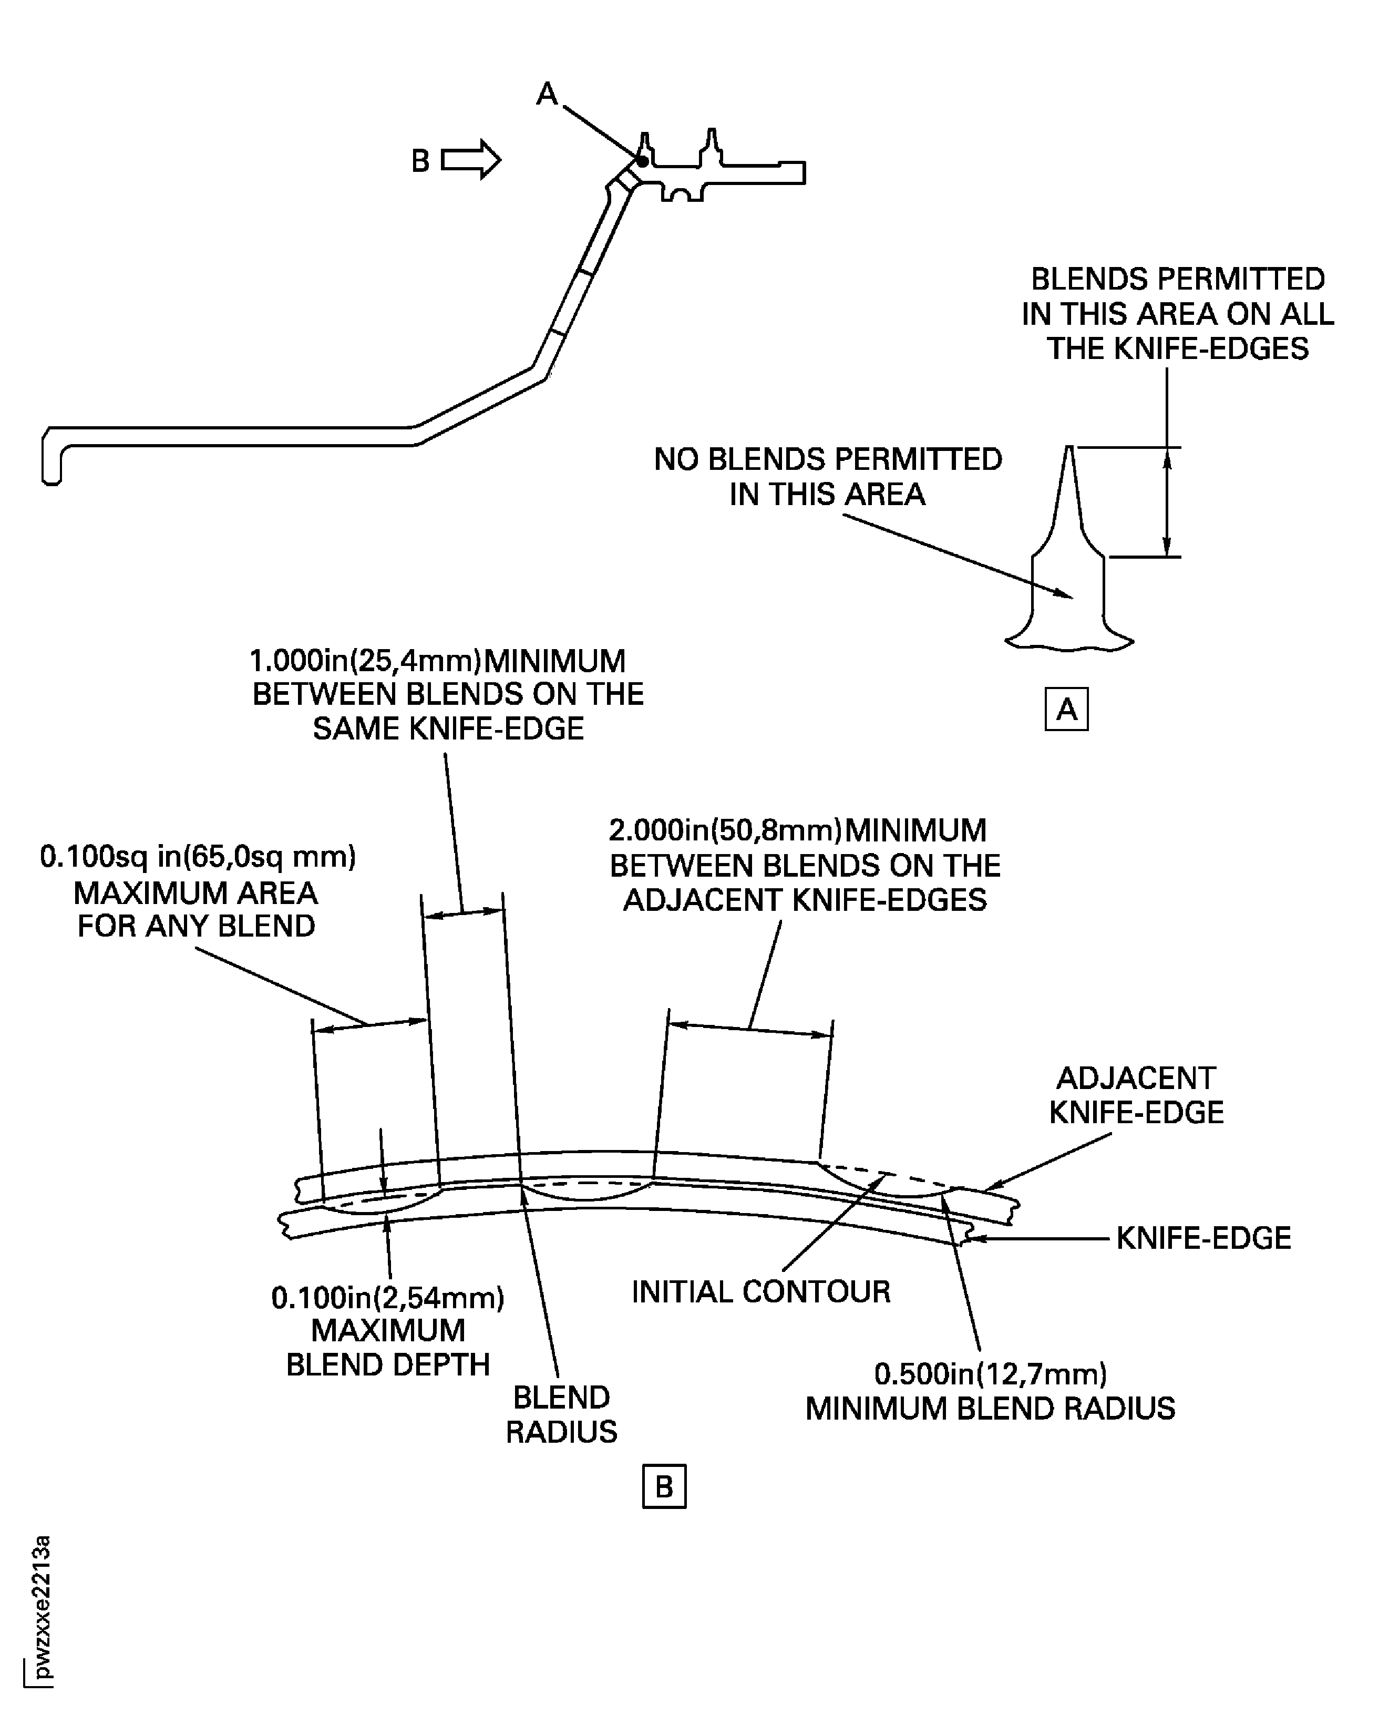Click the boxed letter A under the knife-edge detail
pyautogui.click(x=1066, y=709)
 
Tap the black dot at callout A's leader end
pyautogui.click(x=643, y=161)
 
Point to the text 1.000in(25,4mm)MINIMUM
pyautogui.click(x=438, y=661)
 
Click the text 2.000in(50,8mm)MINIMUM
pyautogui.click(x=798, y=830)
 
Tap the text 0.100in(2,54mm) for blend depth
pyautogui.click(x=388, y=1297)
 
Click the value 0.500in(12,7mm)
pyautogui.click(x=990, y=1373)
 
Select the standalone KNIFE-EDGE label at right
pyautogui.click(x=1202, y=1238)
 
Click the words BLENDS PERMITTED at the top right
pyautogui.click(x=1177, y=279)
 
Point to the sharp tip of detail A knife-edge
pyautogui.click(x=1069, y=448)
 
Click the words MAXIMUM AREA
pyautogui.click(x=196, y=892)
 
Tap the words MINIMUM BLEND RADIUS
pyautogui.click(x=990, y=1409)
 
